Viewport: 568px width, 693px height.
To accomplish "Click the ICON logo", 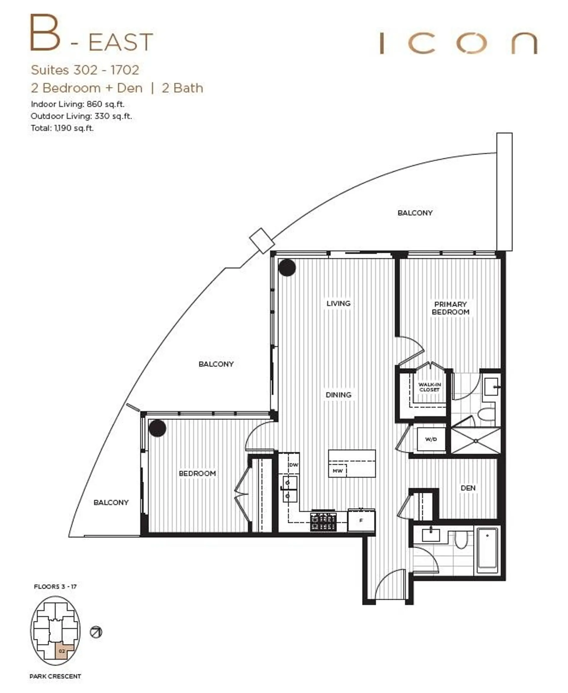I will coord(458,43).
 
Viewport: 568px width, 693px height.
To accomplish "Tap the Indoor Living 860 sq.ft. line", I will coord(78,104).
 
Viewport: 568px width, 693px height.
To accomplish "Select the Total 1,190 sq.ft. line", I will coord(62,128).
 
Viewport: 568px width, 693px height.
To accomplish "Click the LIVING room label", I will coord(338,303).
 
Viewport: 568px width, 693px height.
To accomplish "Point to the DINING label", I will coord(338,395).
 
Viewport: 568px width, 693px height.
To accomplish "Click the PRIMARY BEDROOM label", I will coord(450,308).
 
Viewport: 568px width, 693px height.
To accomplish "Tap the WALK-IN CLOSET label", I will coord(429,387).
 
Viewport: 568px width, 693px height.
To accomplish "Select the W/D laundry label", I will coord(431,439).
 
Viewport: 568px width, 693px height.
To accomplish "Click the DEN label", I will coord(468,488).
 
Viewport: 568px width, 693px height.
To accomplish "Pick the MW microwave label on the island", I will coord(337,471).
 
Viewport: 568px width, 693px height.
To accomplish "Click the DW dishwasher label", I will coord(293,465).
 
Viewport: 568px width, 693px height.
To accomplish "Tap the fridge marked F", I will coord(361,520).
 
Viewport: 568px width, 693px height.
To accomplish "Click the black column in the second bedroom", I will coord(157,428).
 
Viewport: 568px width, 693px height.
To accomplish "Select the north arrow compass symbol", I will coord(96,632).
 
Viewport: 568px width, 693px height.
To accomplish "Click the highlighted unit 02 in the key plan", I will coord(62,651).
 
